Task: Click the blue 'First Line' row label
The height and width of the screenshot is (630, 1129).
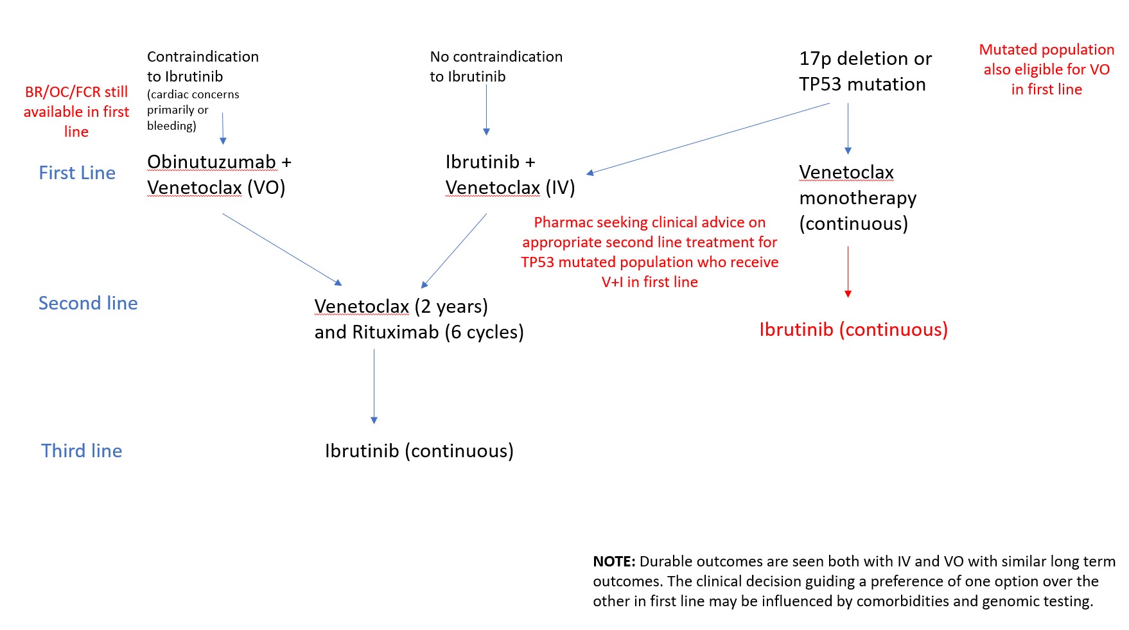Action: pyautogui.click(x=77, y=173)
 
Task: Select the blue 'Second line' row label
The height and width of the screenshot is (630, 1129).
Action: pyautogui.click(x=88, y=303)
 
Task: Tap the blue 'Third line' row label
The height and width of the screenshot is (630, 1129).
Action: pyautogui.click(x=82, y=451)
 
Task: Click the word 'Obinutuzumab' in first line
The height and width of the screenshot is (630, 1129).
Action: pyautogui.click(x=211, y=162)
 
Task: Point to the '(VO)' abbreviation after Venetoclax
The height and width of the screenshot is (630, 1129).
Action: pyautogui.click(x=266, y=188)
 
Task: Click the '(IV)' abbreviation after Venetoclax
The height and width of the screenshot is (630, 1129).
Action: pyautogui.click(x=560, y=188)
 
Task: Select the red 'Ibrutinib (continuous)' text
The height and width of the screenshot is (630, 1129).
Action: pyautogui.click(x=853, y=329)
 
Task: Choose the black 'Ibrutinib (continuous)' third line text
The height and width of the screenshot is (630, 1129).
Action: pyautogui.click(x=419, y=451)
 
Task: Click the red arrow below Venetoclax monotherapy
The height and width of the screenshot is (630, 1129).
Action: pyautogui.click(x=848, y=271)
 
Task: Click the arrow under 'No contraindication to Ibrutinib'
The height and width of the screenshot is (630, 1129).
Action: pyautogui.click(x=486, y=109)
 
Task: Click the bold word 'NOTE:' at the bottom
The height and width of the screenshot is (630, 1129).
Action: pyautogui.click(x=614, y=561)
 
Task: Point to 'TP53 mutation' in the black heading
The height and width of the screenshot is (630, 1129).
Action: pyautogui.click(x=862, y=84)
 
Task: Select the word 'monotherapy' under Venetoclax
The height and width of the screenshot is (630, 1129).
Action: pyautogui.click(x=857, y=198)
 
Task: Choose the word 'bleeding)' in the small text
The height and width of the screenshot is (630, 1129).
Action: pyautogui.click(x=171, y=126)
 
